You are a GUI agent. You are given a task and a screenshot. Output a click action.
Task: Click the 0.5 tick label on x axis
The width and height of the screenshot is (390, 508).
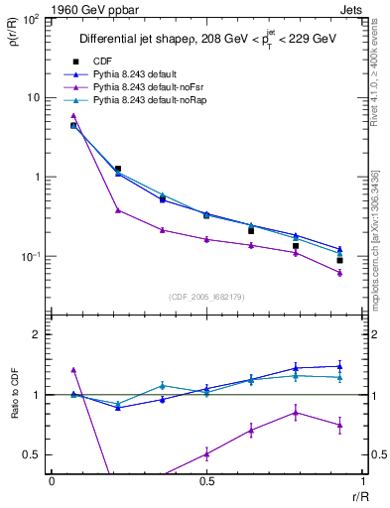[206, 481]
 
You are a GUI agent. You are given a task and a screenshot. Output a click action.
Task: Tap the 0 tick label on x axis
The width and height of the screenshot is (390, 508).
[52, 481]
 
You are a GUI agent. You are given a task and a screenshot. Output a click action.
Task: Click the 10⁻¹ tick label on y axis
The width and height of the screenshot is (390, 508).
[32, 257]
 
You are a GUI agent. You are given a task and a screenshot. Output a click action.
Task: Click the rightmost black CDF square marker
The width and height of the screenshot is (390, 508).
[339, 261]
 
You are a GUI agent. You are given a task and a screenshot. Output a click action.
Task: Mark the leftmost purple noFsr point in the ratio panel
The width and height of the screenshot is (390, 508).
[73, 369]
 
